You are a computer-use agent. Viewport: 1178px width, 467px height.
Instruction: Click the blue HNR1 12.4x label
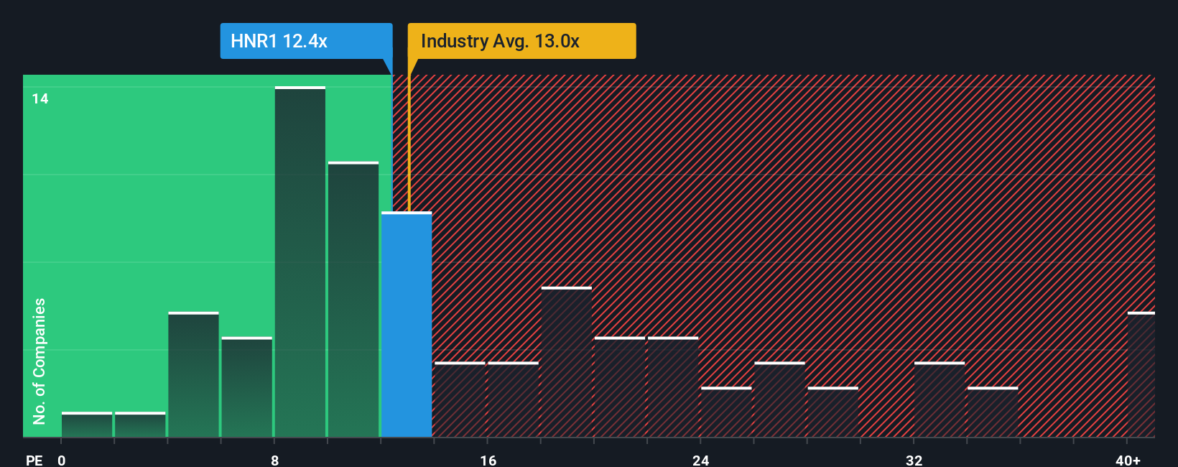click(306, 41)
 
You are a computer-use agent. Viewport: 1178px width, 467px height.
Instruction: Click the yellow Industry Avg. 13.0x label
click(521, 41)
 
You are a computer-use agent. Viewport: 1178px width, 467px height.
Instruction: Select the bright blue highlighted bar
click(407, 325)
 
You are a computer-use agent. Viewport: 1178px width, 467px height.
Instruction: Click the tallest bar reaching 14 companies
click(300, 262)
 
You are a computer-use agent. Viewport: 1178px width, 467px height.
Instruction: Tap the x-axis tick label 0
click(62, 460)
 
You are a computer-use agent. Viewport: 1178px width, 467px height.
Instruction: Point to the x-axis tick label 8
click(275, 460)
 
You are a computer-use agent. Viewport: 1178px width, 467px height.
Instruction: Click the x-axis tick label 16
click(488, 460)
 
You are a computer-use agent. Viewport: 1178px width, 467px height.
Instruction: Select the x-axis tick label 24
click(701, 460)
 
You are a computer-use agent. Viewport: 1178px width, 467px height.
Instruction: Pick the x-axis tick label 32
click(914, 460)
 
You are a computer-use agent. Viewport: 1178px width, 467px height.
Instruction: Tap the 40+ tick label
click(1128, 460)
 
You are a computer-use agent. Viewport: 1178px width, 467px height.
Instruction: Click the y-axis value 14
click(40, 98)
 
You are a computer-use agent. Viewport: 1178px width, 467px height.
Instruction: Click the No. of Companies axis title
click(40, 361)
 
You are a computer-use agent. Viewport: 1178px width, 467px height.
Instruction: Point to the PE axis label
click(34, 460)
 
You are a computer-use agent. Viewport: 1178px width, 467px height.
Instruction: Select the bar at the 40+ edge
click(1141, 375)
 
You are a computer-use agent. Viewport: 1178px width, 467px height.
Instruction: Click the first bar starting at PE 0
click(87, 425)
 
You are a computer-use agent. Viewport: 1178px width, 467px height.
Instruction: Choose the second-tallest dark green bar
click(353, 300)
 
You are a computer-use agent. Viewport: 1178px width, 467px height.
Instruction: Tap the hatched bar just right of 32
click(940, 399)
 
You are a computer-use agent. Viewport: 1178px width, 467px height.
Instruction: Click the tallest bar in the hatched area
click(567, 362)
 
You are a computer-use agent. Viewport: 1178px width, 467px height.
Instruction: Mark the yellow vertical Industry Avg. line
click(409, 137)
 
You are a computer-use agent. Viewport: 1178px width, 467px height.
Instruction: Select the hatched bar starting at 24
click(726, 412)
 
